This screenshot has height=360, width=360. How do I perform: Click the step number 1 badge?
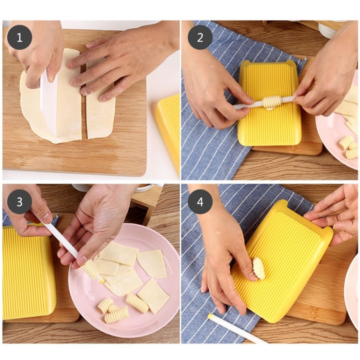point(20,37)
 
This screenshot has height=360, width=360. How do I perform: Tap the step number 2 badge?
point(200,37)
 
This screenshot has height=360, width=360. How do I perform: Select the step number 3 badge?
point(20,202)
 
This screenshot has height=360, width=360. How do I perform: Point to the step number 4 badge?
point(200,202)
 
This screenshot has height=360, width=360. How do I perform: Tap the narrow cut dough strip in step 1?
point(100,113)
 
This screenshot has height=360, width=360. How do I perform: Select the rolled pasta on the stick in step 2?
point(272,101)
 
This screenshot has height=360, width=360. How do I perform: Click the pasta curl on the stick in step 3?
point(90,269)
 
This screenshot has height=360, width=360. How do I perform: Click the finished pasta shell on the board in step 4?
point(259,268)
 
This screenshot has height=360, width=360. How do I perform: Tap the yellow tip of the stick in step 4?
point(210,316)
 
